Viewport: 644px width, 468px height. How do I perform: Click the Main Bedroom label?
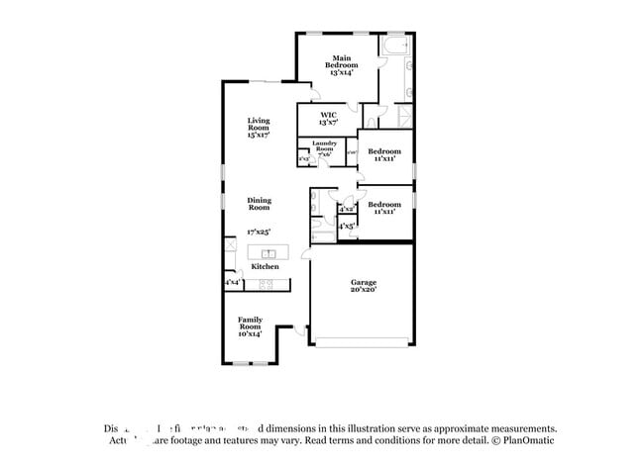click(341, 64)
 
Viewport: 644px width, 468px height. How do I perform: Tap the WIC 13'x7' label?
click(328, 119)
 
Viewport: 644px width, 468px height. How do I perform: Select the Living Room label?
click(259, 128)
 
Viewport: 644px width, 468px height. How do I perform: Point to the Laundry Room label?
click(325, 148)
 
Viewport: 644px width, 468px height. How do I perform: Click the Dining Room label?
click(259, 204)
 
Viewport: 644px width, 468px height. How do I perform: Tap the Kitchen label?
click(265, 266)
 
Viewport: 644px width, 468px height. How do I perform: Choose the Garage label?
click(363, 286)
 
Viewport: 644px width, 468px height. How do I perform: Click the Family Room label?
click(250, 326)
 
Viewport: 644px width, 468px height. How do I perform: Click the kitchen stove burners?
click(266, 284)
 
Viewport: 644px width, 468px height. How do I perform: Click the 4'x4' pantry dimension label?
click(233, 283)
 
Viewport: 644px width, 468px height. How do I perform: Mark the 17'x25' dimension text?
click(259, 232)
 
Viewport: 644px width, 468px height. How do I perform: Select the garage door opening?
click(362, 342)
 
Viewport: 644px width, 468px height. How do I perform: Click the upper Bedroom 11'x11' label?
click(384, 154)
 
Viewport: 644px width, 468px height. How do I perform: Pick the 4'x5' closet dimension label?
click(347, 227)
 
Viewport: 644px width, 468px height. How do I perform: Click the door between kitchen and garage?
click(309, 253)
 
